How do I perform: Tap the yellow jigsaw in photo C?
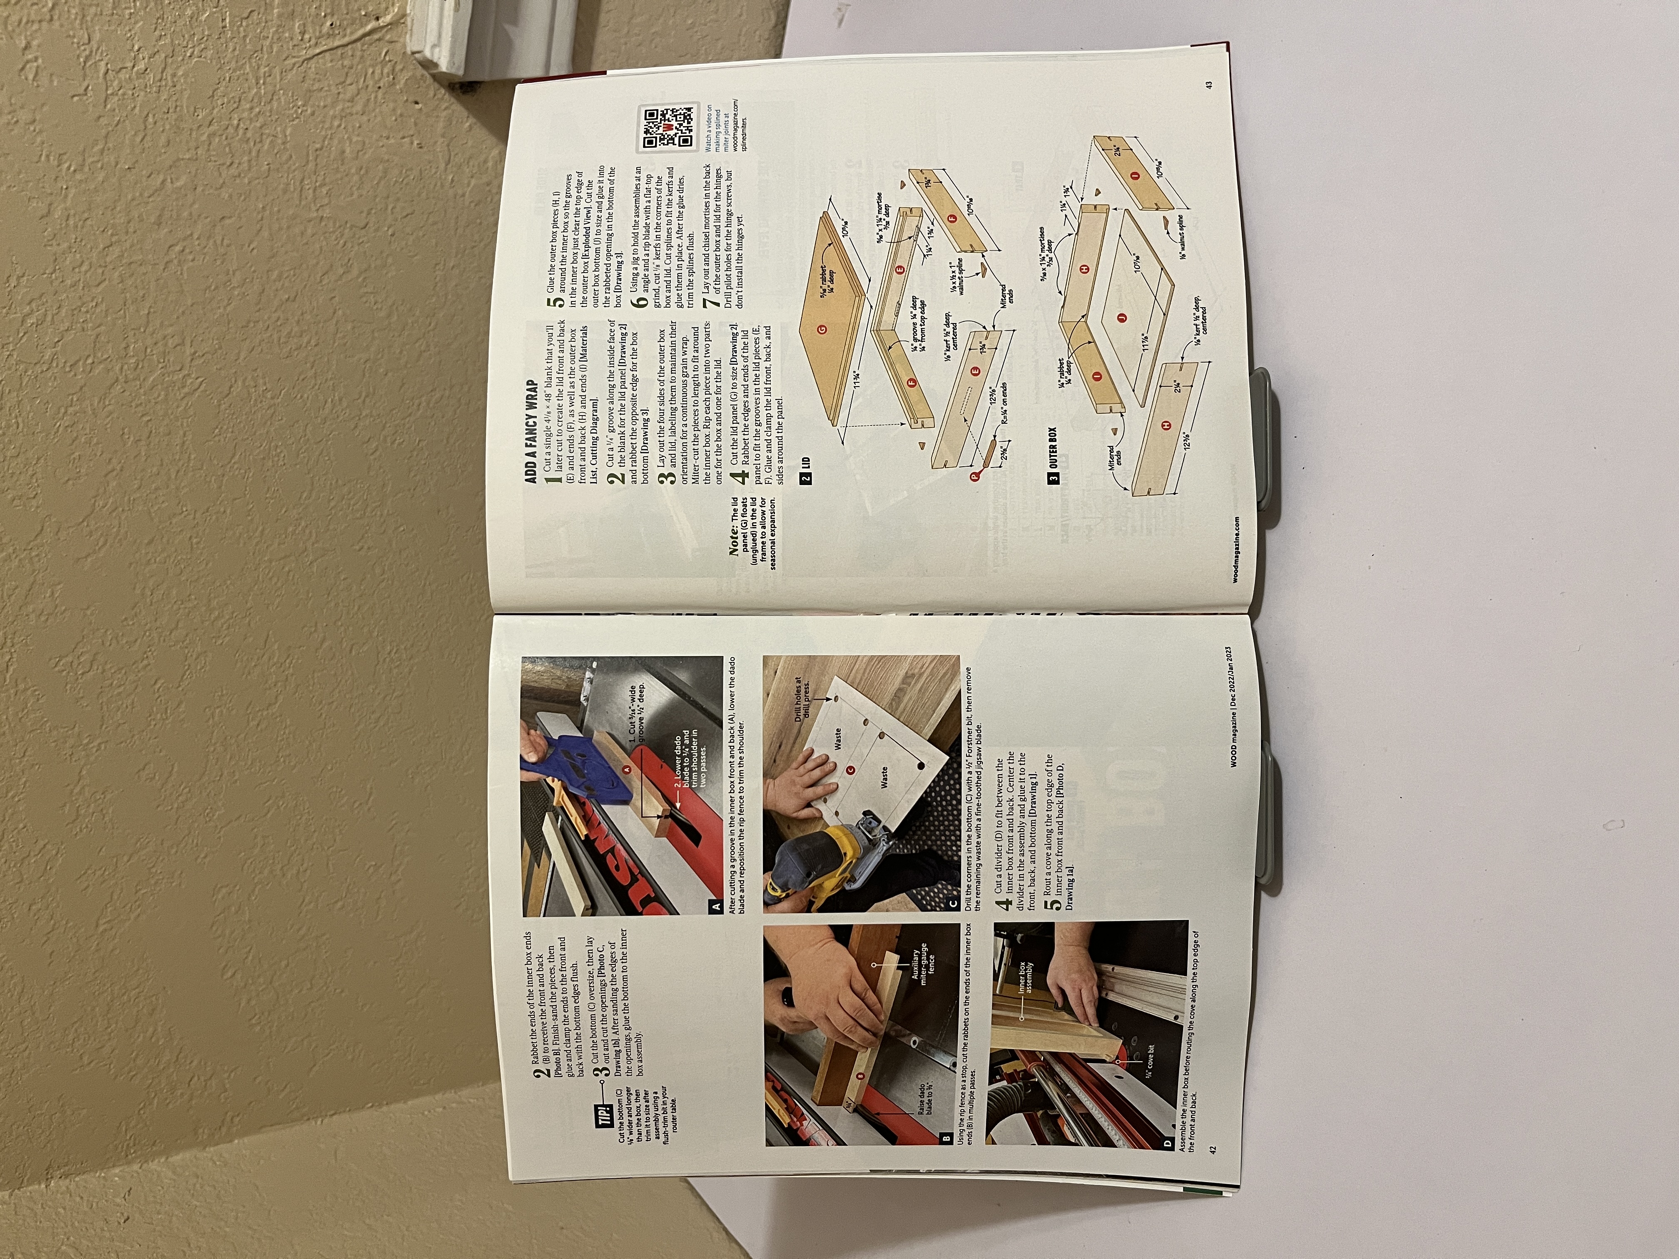[820, 865]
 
